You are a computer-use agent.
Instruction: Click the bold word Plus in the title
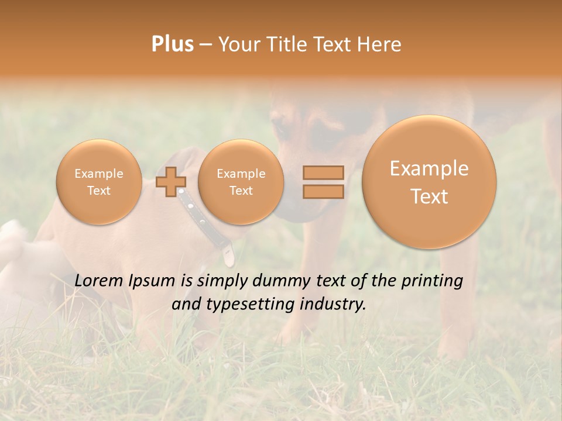172,44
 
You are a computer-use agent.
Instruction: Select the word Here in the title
380,44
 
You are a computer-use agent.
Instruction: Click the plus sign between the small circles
171,182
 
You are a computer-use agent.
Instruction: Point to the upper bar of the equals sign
323,172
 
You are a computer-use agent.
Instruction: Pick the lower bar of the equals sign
323,192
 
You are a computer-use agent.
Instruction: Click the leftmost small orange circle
98,182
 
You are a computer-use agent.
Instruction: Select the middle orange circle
241,182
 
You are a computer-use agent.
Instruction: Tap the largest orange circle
429,182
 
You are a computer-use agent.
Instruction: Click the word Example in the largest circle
429,168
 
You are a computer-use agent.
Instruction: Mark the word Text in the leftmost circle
98,191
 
